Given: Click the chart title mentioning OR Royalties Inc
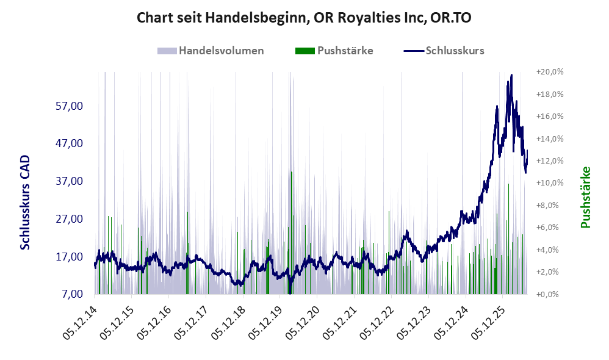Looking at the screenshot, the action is [304, 18].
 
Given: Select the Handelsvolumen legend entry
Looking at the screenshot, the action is [211, 51].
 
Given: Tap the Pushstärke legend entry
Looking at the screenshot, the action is [334, 51].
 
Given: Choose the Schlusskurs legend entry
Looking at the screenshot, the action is [444, 51].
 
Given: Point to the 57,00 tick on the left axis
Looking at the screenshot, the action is [70, 106].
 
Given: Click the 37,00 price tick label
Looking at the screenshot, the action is [70, 181].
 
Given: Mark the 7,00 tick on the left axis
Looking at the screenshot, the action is [73, 294].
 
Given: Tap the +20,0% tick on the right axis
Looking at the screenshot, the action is [550, 72].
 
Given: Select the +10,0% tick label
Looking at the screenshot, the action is [550, 183].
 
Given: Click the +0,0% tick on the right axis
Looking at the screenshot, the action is [547, 294].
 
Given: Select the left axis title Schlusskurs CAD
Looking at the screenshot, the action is [25, 203].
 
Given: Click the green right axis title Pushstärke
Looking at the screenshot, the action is [585, 197].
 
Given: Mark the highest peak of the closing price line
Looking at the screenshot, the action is [511, 75].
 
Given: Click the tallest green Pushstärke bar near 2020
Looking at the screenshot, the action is [291, 232].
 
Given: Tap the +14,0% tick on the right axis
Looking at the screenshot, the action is [550, 139].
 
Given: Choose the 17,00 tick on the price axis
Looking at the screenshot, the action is [70, 256].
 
